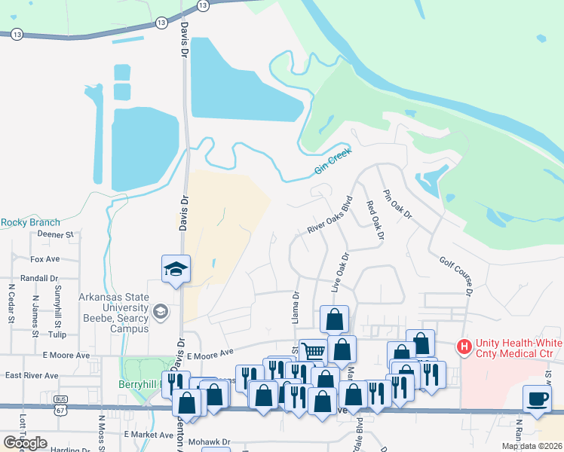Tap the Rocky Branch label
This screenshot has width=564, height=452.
30,222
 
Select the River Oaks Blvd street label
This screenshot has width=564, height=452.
330,216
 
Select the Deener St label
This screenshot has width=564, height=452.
54,234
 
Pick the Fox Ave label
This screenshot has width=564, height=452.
44,258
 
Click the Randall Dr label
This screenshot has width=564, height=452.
40,277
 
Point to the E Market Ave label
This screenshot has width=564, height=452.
149,435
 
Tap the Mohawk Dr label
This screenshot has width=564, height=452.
209,441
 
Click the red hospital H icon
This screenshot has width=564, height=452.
464,347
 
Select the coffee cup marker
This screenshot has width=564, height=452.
537,399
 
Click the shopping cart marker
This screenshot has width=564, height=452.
313,350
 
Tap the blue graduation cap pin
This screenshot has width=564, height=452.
176,269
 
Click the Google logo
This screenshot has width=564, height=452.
25,443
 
